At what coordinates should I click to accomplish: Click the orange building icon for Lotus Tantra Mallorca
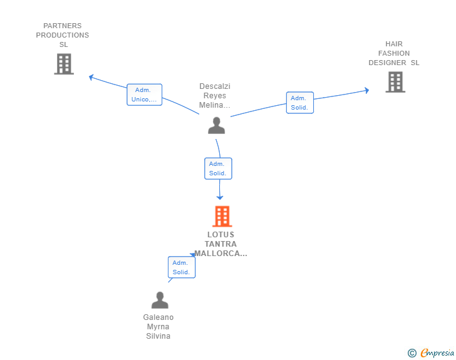222,217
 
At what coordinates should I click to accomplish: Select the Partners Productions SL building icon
64,64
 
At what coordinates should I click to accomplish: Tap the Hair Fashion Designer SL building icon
395,82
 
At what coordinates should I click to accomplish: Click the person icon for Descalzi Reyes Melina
216,125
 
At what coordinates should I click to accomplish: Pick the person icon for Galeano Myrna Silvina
160,300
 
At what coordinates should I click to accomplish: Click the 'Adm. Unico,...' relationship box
144,95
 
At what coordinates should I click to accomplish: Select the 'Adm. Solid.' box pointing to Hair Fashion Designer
300,103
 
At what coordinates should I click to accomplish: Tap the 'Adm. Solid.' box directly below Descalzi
218,168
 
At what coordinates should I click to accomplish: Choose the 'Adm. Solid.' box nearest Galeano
182,267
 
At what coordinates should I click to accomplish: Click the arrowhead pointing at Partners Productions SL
91,77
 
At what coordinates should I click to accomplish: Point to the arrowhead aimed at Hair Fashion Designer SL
367,90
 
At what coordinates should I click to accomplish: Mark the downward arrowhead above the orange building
220,198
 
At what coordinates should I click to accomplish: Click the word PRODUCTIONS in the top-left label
63,35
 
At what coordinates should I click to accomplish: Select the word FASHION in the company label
394,53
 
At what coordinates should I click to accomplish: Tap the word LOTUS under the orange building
220,235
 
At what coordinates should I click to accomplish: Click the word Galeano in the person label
158,317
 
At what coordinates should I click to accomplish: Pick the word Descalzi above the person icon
215,86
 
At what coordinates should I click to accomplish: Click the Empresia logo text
437,353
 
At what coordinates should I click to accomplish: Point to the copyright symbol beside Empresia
412,353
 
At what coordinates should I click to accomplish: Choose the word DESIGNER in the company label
387,63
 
